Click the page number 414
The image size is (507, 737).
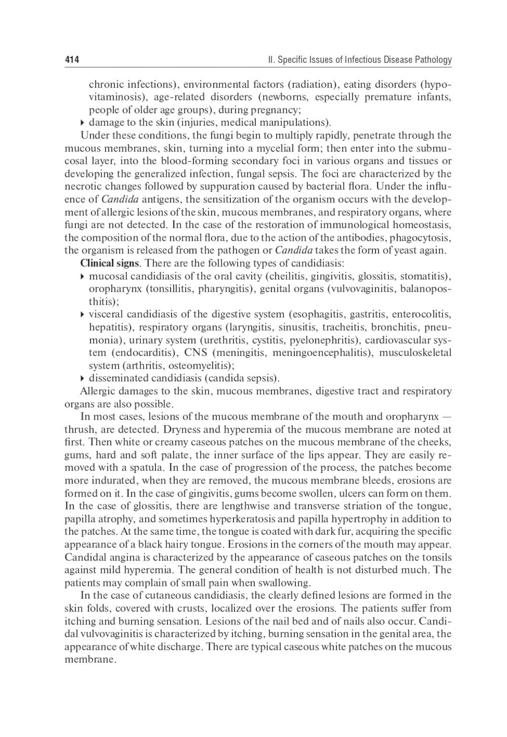[x=72, y=60]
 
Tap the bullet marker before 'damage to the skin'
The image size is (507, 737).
[x=83, y=123]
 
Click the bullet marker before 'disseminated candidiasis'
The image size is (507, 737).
[x=83, y=379]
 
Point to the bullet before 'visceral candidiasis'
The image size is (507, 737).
[x=83, y=315]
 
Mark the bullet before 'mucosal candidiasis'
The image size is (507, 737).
[x=83, y=276]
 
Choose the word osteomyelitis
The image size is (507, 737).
[x=201, y=365]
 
